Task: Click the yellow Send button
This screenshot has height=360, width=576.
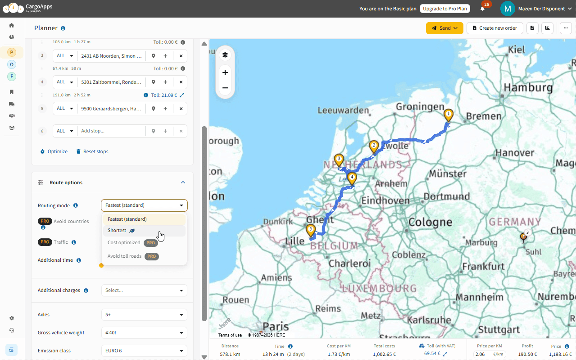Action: pos(444,28)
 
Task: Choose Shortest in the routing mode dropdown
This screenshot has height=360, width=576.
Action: pos(117,231)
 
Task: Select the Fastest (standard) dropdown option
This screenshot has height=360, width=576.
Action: pos(127,219)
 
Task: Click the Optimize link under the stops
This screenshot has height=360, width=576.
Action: pos(54,151)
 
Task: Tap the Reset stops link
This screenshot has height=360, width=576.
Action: pos(92,151)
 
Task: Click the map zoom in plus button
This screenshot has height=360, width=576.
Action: pos(225,73)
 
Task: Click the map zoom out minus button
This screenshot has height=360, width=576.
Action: pos(225,88)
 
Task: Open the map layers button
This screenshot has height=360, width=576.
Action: pos(225,55)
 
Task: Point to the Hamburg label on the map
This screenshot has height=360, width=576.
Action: pos(528,87)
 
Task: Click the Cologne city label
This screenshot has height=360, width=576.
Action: pos(430,222)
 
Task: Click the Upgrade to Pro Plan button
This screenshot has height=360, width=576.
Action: pos(444,9)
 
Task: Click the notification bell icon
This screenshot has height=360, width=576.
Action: pos(483,9)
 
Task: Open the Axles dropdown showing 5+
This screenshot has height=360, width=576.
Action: pos(144,314)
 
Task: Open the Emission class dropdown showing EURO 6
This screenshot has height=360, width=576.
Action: pos(144,351)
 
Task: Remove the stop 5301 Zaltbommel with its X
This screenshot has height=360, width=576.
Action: pos(181,82)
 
